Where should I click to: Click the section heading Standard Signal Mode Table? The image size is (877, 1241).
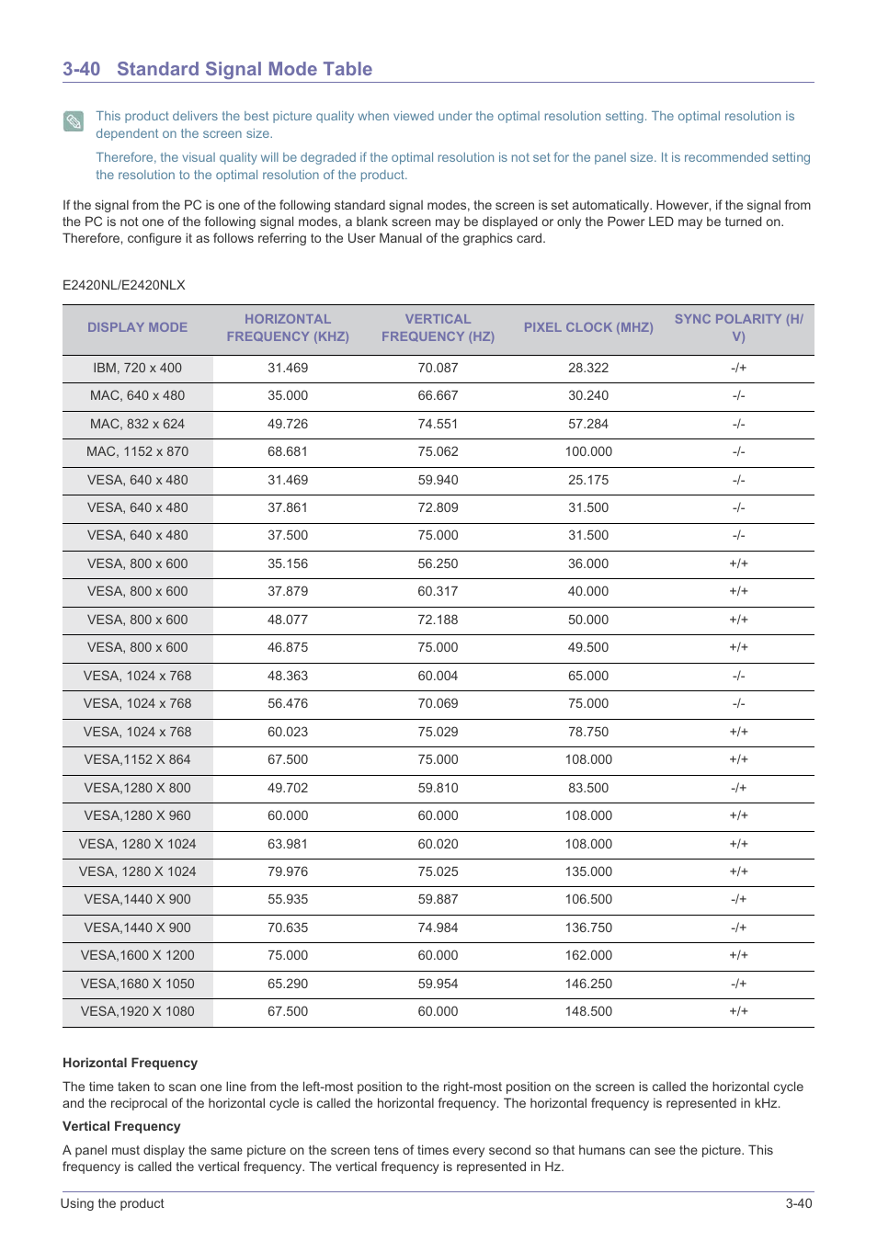pyautogui.click(x=244, y=69)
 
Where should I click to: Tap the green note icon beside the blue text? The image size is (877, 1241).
pyautogui.click(x=74, y=121)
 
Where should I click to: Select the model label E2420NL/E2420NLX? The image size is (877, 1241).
pyautogui.click(x=124, y=285)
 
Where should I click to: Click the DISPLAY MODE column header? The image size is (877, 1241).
pyautogui.click(x=137, y=327)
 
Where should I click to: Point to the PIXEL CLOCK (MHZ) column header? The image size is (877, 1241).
pyautogui.click(x=588, y=327)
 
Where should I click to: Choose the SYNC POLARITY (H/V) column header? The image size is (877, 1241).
pyautogui.click(x=738, y=327)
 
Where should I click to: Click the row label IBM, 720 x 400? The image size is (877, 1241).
pyautogui.click(x=137, y=368)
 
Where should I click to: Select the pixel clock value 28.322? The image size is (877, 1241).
pyautogui.click(x=588, y=368)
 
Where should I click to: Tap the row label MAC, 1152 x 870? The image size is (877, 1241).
pyautogui.click(x=137, y=451)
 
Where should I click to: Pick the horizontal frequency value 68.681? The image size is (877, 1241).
pyautogui.click(x=288, y=451)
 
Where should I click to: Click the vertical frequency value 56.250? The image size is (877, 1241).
pyautogui.click(x=438, y=564)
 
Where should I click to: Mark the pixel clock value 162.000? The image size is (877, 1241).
pyautogui.click(x=588, y=955)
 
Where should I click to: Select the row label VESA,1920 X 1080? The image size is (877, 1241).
pyautogui.click(x=137, y=1011)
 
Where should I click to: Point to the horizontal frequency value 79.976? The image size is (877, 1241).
pyautogui.click(x=288, y=871)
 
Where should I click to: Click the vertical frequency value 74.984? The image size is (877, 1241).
pyautogui.click(x=438, y=928)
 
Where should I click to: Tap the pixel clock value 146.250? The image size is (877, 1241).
pyautogui.click(x=588, y=984)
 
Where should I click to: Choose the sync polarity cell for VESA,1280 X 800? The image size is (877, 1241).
pyautogui.click(x=738, y=788)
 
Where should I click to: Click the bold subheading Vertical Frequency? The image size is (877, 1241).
pyautogui.click(x=121, y=1126)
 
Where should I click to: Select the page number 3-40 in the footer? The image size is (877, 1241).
pyautogui.click(x=798, y=1203)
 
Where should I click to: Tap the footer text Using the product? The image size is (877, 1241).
pyautogui.click(x=112, y=1203)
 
